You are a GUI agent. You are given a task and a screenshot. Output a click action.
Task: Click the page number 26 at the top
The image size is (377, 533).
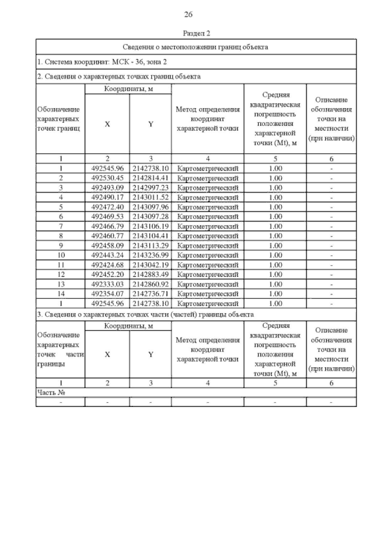[188, 14]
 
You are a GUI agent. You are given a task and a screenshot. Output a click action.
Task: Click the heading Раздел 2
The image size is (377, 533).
[196, 33]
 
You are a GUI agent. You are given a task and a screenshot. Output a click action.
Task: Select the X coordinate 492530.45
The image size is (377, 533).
[107, 178]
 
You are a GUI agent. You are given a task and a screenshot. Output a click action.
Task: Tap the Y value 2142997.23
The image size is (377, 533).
[150, 188]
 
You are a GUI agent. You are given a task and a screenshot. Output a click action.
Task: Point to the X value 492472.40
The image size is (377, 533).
[107, 207]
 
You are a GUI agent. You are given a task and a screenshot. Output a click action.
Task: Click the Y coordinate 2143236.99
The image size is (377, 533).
[150, 255]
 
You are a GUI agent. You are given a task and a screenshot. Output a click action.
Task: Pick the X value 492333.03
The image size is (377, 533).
[107, 284]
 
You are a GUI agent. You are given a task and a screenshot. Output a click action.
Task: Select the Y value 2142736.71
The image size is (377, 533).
[150, 294]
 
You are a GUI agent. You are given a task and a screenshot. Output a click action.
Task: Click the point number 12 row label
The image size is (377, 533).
[61, 275]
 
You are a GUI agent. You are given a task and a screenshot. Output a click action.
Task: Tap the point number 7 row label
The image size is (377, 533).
[61, 226]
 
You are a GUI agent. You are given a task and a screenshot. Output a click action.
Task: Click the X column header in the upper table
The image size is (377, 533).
[107, 124]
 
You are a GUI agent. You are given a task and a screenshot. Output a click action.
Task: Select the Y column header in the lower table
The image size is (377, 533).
[151, 355]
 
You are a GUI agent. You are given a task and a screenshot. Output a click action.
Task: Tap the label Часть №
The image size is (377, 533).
[51, 393]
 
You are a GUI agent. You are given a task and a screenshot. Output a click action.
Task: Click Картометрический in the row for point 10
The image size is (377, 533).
[208, 255]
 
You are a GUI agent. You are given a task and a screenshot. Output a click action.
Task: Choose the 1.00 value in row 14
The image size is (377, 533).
[276, 294]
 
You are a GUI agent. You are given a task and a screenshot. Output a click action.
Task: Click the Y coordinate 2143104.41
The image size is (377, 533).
[150, 236]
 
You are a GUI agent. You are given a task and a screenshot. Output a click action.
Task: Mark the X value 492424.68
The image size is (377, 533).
[107, 265]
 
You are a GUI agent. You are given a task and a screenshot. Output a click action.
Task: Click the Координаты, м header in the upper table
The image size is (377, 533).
[128, 89]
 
